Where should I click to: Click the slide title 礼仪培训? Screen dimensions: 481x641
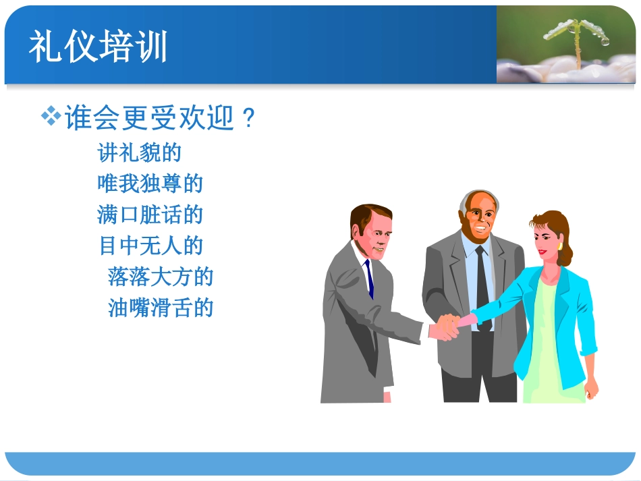pos(98,47)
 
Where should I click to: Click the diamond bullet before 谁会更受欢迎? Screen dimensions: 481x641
pos(51,117)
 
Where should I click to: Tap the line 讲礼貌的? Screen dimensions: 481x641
pos(140,152)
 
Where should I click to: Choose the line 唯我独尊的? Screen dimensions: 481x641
pos(150,183)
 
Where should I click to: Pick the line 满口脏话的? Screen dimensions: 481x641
pos(150,215)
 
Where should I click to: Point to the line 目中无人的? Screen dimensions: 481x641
pos(150,246)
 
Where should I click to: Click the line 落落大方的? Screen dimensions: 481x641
pos(161,277)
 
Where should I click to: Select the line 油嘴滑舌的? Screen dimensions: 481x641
pos(161,308)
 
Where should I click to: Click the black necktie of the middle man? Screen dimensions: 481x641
pos(482,283)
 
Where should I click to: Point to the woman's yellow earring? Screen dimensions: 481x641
pos(559,247)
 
